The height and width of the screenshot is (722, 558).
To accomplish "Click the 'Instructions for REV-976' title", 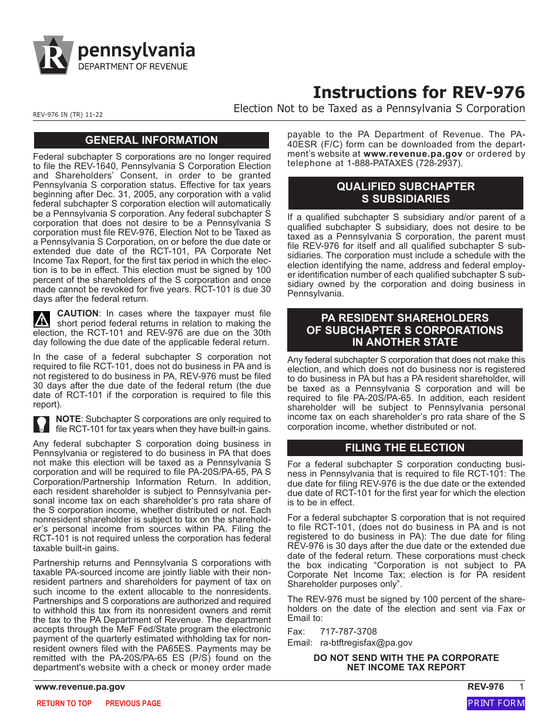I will point(419,93).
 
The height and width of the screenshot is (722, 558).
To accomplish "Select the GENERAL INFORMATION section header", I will point(151,140).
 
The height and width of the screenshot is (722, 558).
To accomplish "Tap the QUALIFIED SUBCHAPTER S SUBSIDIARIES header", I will point(405,193).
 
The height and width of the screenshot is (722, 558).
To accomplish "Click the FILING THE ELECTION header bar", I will point(405,448).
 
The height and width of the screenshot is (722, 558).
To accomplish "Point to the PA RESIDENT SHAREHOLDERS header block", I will point(405,330).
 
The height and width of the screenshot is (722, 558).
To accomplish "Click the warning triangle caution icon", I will point(42,318).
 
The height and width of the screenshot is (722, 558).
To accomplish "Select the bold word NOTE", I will point(68,419).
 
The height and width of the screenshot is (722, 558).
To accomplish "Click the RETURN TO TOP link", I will point(64,703).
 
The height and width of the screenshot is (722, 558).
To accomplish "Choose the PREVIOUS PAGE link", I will point(133,703).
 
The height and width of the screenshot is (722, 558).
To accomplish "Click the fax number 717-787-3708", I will point(348,632).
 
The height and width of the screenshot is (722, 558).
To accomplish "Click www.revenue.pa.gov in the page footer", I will point(80,687).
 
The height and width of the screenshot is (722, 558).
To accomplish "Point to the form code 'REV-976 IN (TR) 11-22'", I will point(69,115).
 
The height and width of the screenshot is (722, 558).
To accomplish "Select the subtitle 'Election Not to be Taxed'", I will point(379,109).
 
